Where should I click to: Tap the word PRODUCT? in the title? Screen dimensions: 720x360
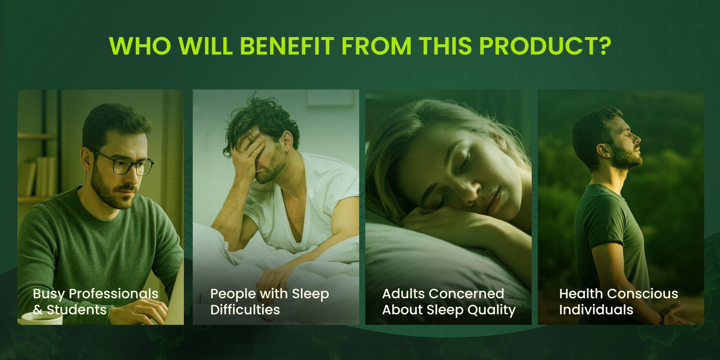pyautogui.click(x=545, y=46)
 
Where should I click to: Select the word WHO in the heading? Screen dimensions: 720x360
pyautogui.click(x=140, y=46)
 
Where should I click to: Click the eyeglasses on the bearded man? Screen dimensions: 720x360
pyautogui.click(x=124, y=163)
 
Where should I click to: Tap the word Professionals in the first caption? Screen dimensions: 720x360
pyautogui.click(x=113, y=294)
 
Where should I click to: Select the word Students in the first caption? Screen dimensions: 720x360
pyautogui.click(x=77, y=310)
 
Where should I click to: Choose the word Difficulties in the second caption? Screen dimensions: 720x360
pyautogui.click(x=245, y=310)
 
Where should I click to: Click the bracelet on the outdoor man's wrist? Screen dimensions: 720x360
pyautogui.click(x=661, y=318)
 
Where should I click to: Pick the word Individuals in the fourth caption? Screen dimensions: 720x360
pyautogui.click(x=596, y=310)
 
